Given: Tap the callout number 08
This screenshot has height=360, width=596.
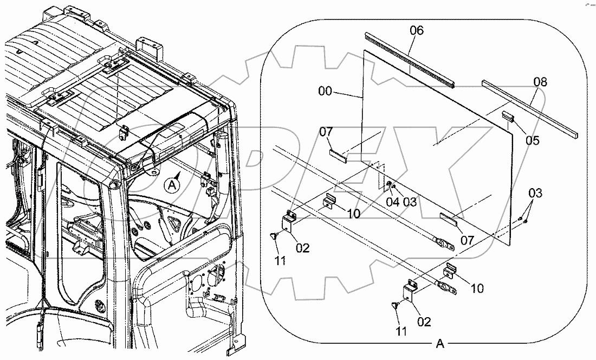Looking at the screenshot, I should pyautogui.click(x=540, y=82).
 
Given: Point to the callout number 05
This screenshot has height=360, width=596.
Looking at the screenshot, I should pyautogui.click(x=533, y=140).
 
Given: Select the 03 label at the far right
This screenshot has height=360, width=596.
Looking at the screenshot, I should pyautogui.click(x=535, y=194).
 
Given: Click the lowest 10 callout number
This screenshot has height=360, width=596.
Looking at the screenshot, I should pyautogui.click(x=477, y=288).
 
